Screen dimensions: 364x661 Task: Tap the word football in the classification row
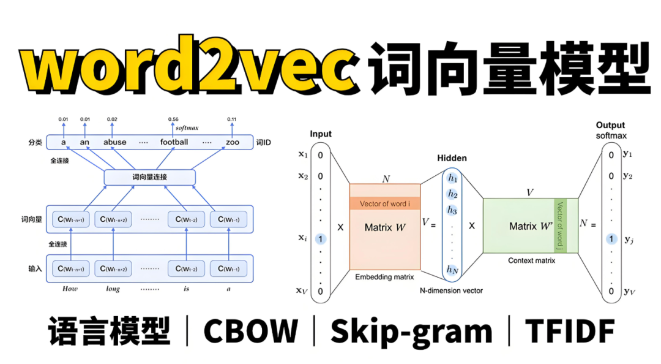point(174,142)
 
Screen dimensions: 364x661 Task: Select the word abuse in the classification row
point(114,142)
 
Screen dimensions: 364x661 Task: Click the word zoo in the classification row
point(232,142)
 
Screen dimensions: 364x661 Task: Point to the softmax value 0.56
point(174,119)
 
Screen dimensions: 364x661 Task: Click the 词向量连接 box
point(149,178)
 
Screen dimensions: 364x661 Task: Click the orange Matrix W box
point(385,227)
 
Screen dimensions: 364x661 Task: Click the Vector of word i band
point(385,204)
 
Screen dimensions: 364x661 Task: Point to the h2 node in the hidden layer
point(452,194)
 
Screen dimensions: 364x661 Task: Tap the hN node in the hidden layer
point(452,269)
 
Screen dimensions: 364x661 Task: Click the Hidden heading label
point(452,158)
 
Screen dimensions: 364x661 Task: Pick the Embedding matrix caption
point(385,277)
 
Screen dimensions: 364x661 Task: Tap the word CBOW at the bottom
point(251,332)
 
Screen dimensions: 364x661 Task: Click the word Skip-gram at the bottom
point(411,332)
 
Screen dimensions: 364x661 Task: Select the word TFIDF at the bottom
point(570,332)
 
